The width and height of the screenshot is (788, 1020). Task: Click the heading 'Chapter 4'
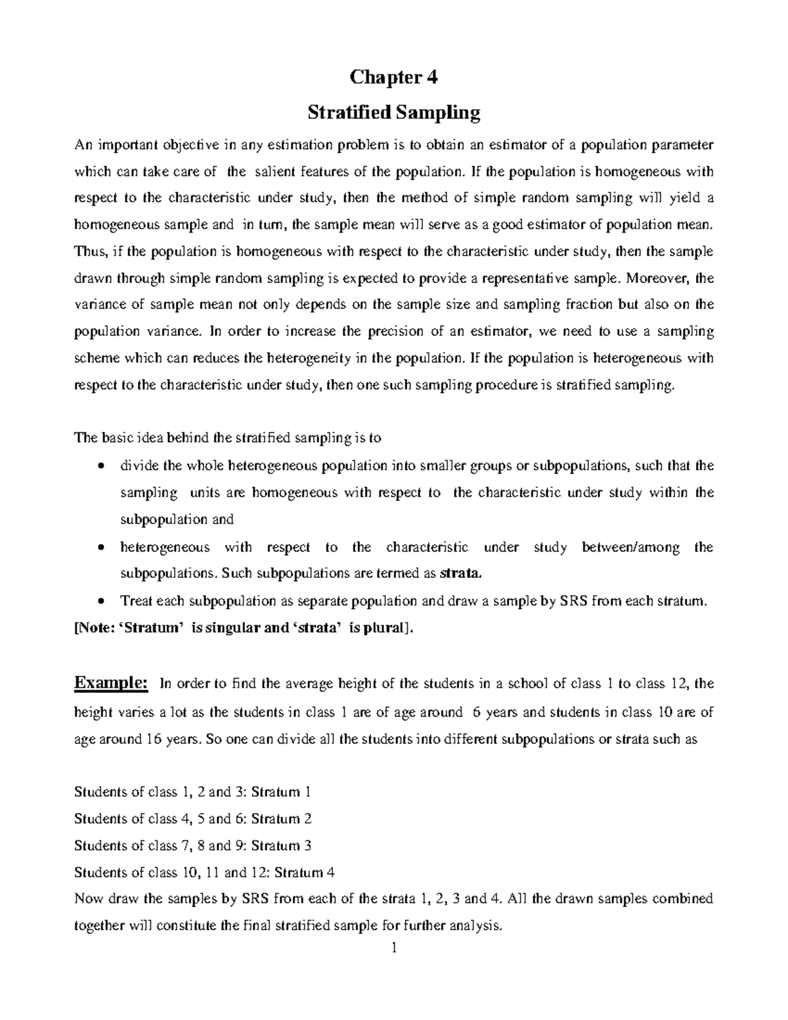(393, 78)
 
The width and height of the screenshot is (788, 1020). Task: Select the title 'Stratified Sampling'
(394, 113)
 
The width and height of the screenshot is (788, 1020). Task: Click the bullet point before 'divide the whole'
(100, 467)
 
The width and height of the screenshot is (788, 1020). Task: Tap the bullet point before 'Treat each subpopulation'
(100, 601)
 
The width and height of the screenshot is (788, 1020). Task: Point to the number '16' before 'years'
(153, 739)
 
